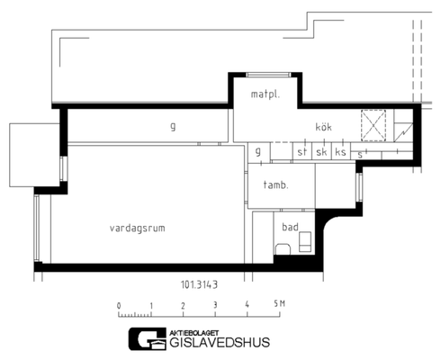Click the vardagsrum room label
138,229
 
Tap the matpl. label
265,94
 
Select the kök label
324,127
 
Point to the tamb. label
275,184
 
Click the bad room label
290,227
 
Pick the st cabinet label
302,152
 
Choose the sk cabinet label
321,152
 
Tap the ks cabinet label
340,152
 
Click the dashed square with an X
373,125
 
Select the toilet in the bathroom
283,249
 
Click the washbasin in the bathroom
305,241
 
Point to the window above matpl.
268,75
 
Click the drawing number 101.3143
199,284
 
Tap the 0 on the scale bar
119,306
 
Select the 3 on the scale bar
215,305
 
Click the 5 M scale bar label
279,304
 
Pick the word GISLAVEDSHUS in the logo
220,342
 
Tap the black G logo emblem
148,339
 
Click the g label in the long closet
173,127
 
